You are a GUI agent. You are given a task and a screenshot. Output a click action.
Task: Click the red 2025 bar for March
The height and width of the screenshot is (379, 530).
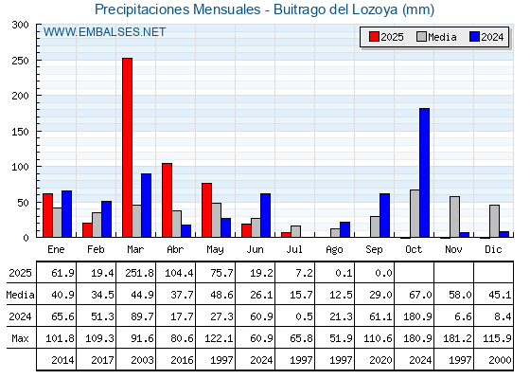pos(128,148)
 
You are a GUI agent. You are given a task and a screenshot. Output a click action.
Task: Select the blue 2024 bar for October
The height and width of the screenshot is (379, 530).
pos(425,172)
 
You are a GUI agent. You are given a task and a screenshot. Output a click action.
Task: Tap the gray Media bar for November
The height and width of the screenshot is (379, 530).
pos(454,217)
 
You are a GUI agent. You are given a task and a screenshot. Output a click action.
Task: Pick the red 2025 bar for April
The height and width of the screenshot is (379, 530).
pos(167,200)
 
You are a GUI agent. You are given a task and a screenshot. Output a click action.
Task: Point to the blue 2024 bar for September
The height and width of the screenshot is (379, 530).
pos(384,215)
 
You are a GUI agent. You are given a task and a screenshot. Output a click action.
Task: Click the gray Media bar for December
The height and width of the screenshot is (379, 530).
pos(494,221)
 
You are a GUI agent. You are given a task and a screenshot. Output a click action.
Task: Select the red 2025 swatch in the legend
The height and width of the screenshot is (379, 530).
pos(374,37)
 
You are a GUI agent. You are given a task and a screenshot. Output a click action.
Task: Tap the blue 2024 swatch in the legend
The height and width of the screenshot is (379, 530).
pos(474,37)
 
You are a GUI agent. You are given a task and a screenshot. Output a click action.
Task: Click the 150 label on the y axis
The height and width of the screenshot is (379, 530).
pos(20,132)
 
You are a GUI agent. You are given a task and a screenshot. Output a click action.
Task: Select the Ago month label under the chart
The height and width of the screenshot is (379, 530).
pos(334,250)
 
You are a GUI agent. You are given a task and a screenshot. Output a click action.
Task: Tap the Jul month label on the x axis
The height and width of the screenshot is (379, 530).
pos(294,249)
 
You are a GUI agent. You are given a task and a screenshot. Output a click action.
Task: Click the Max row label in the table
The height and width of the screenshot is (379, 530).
pos(20,338)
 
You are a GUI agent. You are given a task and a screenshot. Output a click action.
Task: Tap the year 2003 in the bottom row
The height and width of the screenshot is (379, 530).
pos(142,360)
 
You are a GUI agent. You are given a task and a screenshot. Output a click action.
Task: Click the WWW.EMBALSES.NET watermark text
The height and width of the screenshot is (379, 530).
pos(104,32)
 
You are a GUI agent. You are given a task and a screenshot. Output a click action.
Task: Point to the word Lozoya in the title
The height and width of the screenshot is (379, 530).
pos(375,9)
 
